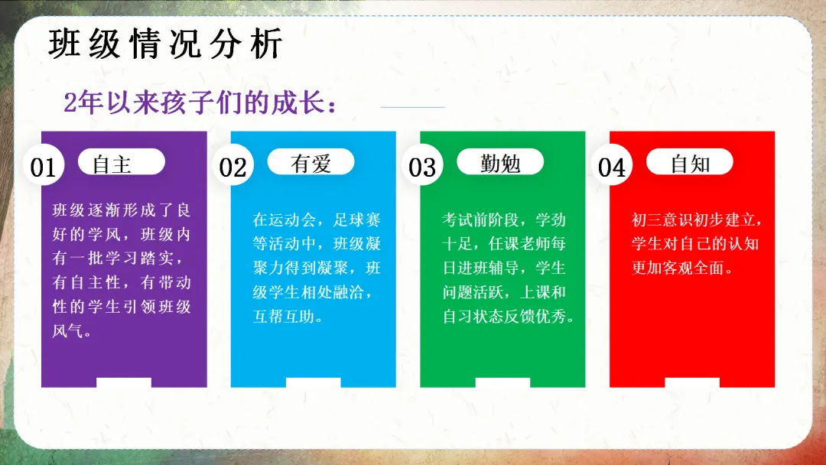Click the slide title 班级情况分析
(165, 44)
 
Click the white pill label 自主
(122, 161)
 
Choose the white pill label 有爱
(311, 161)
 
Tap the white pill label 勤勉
(500, 161)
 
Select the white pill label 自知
(690, 161)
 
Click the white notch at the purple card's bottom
(124, 383)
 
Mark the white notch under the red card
(692, 383)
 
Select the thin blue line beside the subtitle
(413, 107)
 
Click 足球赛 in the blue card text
(356, 219)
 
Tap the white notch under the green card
(502, 383)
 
